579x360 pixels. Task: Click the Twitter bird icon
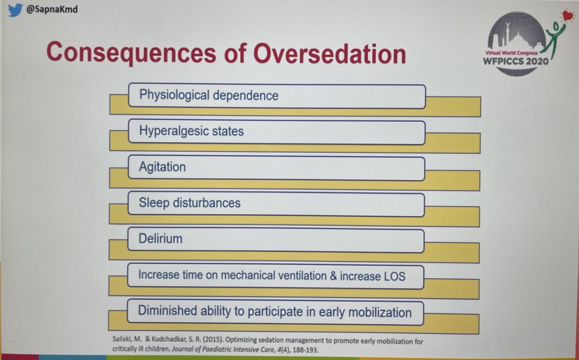pyautogui.click(x=15, y=10)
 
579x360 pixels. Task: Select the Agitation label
pyautogui.click(x=162, y=167)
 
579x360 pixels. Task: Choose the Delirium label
pyautogui.click(x=160, y=238)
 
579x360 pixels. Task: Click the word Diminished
pyautogui.click(x=166, y=311)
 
